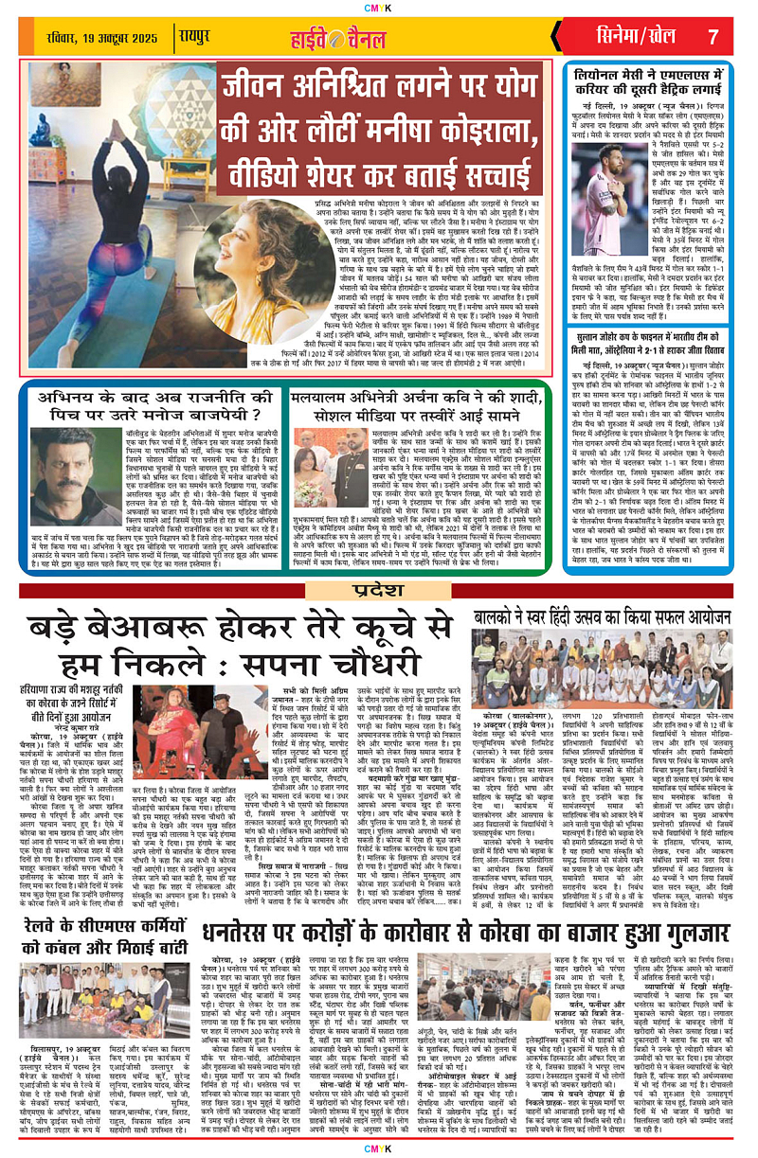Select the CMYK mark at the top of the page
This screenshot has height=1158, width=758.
[x=379, y=9]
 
